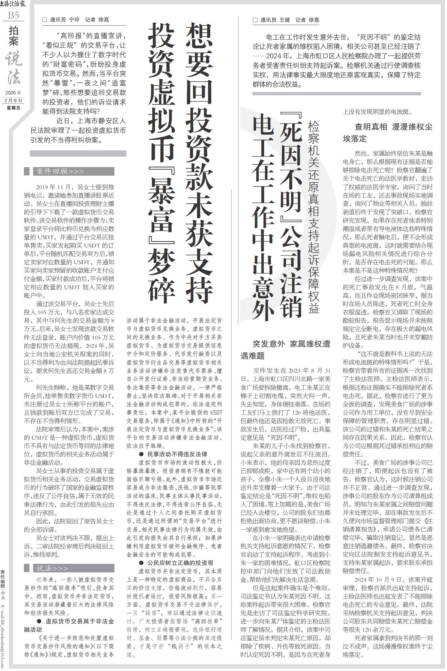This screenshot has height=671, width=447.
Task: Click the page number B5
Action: click(13, 15)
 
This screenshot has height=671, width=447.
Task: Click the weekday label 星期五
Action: click(13, 108)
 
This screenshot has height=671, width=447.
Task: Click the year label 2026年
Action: click(13, 93)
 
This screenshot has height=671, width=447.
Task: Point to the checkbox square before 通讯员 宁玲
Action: click(45, 20)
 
